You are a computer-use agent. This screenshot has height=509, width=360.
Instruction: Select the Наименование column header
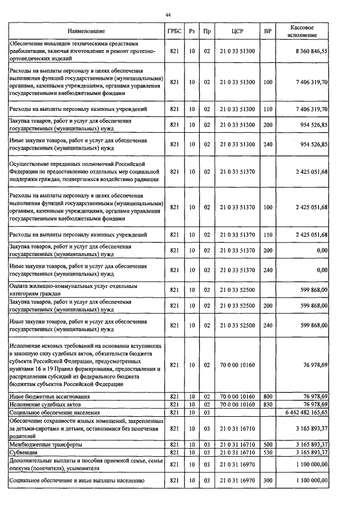click(x=87, y=31)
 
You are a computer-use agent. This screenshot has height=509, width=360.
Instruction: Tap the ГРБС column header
click(x=174, y=31)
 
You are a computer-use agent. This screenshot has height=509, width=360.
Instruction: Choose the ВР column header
click(x=268, y=31)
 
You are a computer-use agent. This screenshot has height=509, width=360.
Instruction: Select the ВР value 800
click(x=268, y=397)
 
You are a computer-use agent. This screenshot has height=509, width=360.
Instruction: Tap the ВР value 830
click(x=268, y=404)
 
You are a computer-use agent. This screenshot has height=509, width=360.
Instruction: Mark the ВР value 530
click(x=268, y=452)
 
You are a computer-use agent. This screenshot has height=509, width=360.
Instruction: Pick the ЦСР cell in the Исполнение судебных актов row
click(x=237, y=404)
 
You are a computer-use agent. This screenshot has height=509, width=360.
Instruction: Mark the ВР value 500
click(x=268, y=444)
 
